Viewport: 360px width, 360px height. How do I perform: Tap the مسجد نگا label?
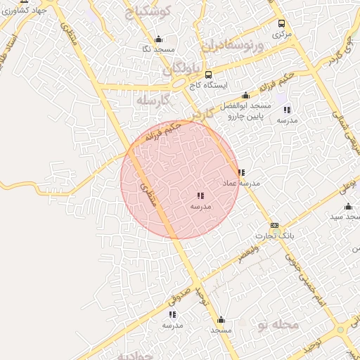(x=157, y=49)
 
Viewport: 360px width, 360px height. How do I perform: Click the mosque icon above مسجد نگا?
(x=158, y=39)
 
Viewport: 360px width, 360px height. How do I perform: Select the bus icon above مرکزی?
(x=282, y=23)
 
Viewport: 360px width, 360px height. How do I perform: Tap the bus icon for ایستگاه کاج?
(x=208, y=74)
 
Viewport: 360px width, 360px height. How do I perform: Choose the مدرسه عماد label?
(x=241, y=183)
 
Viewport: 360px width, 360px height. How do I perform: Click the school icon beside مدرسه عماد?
(x=241, y=172)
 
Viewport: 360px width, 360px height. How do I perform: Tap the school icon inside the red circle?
(x=200, y=196)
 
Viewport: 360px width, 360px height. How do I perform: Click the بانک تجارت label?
(x=276, y=236)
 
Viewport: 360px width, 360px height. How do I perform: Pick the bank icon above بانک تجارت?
(x=274, y=226)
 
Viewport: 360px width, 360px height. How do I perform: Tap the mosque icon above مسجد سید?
(x=348, y=207)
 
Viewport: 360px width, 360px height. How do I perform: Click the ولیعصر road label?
(x=247, y=255)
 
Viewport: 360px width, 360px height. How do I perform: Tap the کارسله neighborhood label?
(x=155, y=101)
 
